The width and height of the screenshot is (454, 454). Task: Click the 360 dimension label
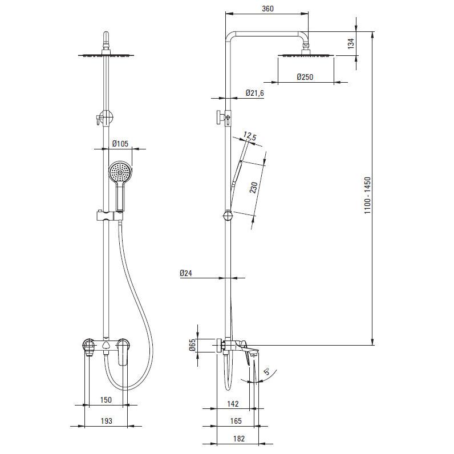pyautogui.click(x=267, y=9)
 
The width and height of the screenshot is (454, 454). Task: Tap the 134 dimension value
pyautogui.click(x=351, y=43)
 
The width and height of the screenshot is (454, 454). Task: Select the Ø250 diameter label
pyautogui.click(x=305, y=77)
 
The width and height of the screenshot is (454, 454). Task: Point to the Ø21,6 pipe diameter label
pyautogui.click(x=255, y=93)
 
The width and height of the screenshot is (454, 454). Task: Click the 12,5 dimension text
pyautogui.click(x=250, y=136)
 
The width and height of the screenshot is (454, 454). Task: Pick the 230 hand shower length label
pyautogui.click(x=254, y=188)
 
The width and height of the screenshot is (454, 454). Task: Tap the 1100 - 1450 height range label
pyautogui.click(x=367, y=196)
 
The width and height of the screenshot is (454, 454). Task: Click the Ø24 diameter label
pyautogui.click(x=185, y=273)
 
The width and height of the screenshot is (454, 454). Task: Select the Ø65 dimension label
pyautogui.click(x=193, y=345)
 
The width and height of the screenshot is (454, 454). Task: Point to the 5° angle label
pyautogui.click(x=267, y=371)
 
